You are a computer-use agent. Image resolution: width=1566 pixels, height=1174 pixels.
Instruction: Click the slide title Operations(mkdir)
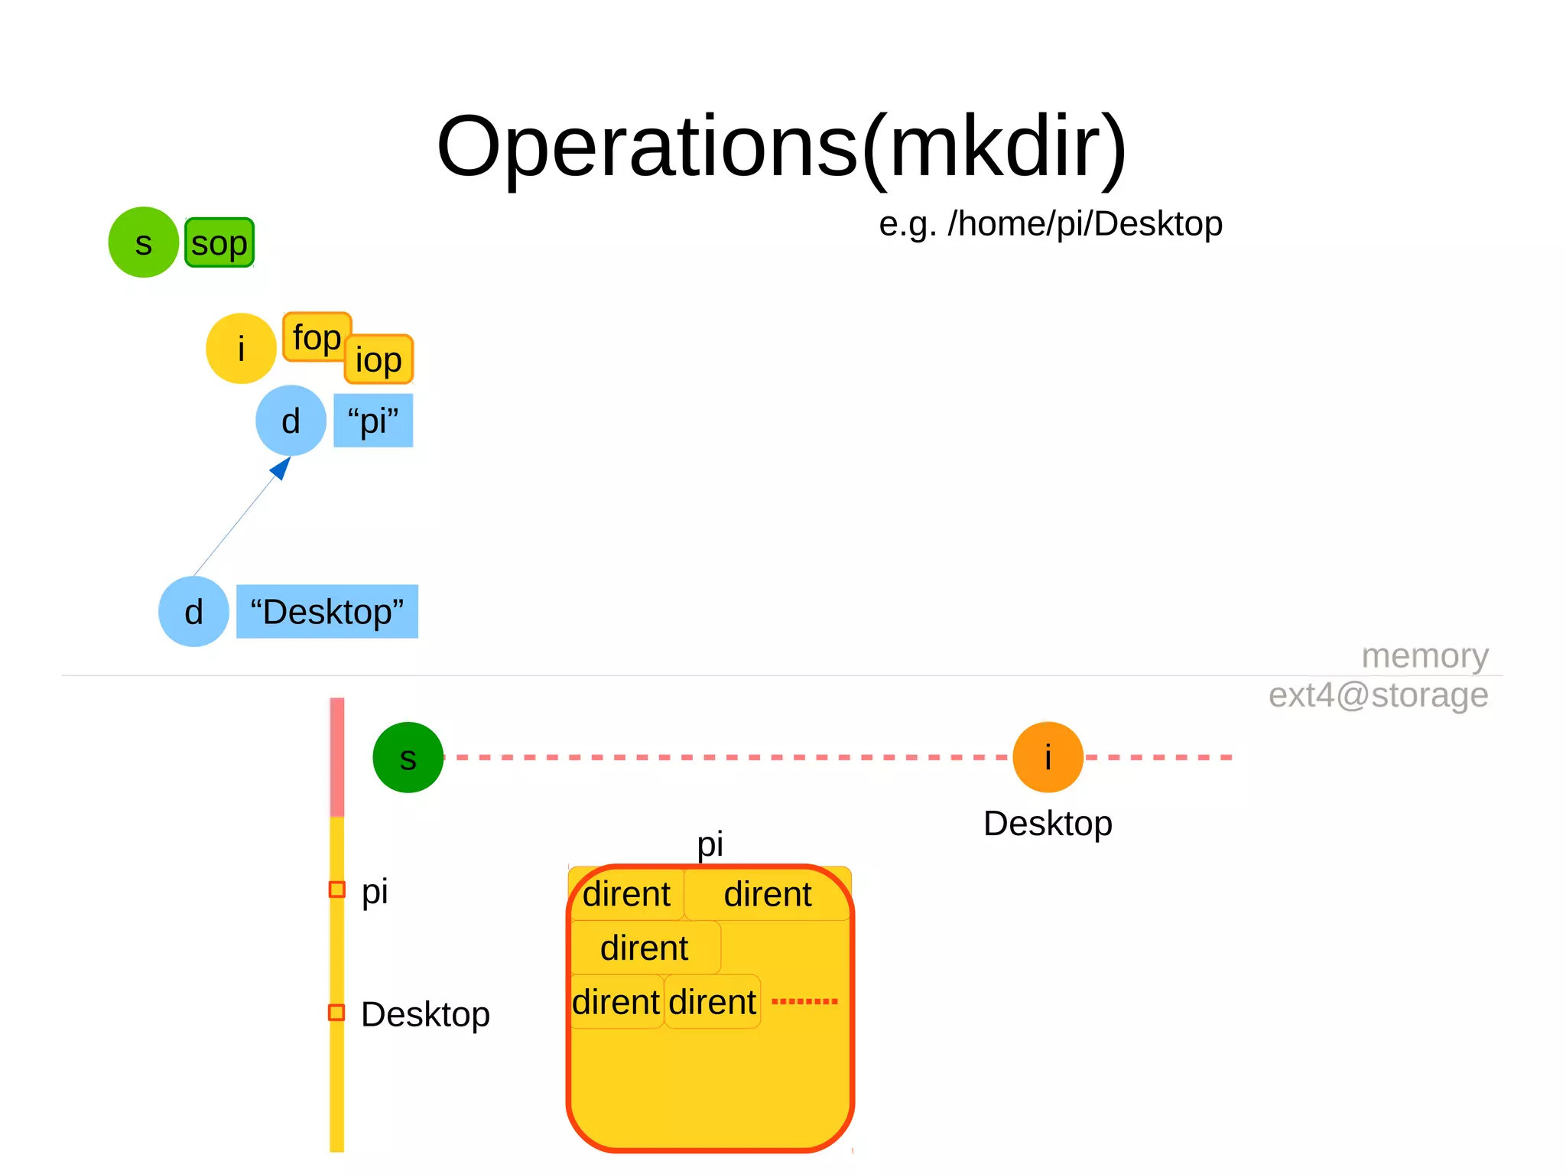click(x=781, y=147)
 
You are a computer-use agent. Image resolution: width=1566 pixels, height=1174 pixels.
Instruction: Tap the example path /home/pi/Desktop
click(x=1050, y=224)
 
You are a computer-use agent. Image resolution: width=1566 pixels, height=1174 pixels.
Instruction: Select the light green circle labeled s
click(x=143, y=242)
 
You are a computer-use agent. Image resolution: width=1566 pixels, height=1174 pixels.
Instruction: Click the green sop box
click(x=219, y=243)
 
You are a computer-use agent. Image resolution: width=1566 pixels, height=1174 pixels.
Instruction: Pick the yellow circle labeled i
click(x=241, y=349)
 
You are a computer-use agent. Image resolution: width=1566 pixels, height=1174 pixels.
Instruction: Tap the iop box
click(x=379, y=359)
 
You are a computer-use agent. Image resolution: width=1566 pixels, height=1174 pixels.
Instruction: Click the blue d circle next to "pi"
click(x=291, y=421)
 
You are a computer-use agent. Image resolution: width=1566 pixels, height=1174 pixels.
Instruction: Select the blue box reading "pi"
click(x=373, y=421)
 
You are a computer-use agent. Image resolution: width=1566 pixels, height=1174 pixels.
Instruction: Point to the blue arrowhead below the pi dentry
click(x=281, y=467)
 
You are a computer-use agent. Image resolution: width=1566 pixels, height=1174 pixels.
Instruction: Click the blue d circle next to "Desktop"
click(x=193, y=612)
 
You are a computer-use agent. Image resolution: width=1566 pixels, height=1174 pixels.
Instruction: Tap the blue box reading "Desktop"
click(x=327, y=612)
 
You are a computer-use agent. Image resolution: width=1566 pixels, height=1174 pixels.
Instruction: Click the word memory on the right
click(x=1425, y=656)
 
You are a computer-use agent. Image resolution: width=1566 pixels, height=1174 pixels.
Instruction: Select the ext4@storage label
click(x=1378, y=695)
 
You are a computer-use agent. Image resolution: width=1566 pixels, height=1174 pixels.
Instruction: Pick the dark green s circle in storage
click(x=408, y=757)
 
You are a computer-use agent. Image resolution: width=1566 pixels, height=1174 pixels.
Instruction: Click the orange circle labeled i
click(x=1048, y=757)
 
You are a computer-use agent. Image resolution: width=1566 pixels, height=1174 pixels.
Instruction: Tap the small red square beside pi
click(x=336, y=889)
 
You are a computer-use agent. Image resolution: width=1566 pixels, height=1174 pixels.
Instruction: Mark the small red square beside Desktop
click(x=336, y=1013)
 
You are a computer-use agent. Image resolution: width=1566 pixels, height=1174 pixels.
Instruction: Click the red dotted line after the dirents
click(x=804, y=1001)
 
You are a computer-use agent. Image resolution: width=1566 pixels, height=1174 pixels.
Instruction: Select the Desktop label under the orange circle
click(x=1048, y=824)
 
